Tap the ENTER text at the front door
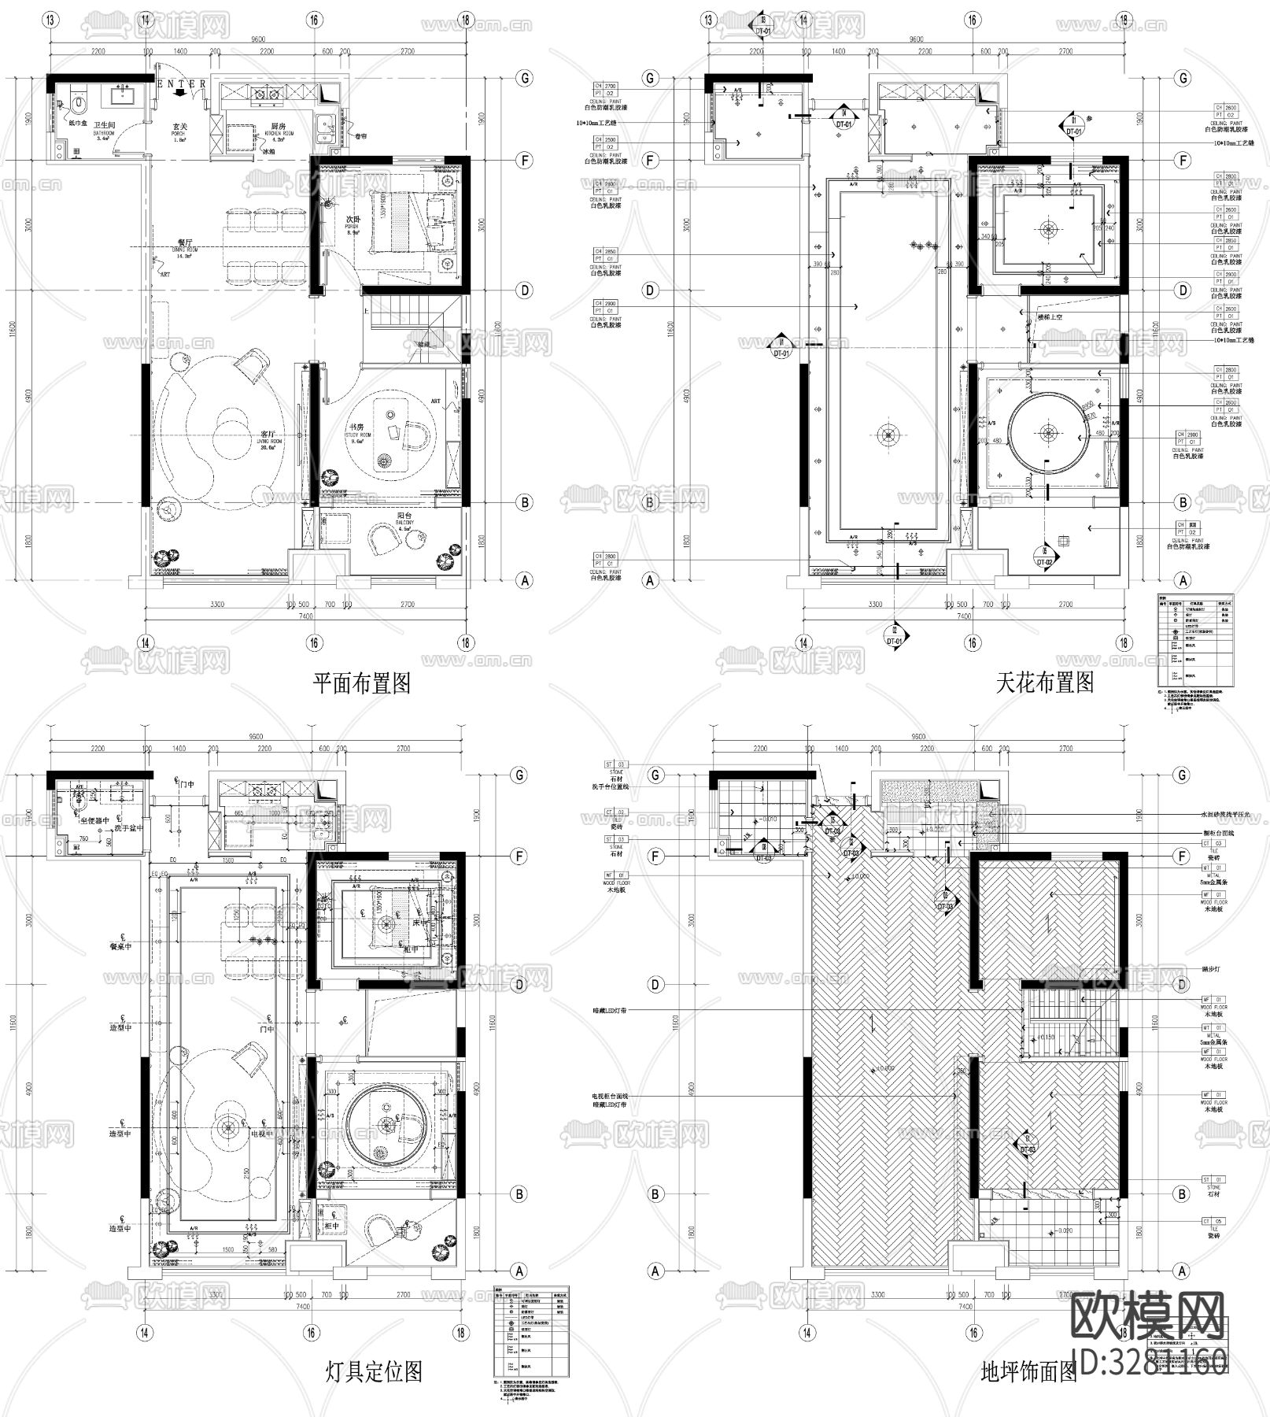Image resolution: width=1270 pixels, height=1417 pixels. coord(183,83)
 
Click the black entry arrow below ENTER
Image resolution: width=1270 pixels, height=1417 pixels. coord(179,93)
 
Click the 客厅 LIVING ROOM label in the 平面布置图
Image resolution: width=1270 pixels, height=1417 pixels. coord(268,438)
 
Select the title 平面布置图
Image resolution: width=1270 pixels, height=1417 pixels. coord(361,682)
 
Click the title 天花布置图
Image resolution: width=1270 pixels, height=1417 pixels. coord(1044,682)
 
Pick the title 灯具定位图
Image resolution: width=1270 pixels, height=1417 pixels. coord(374,1372)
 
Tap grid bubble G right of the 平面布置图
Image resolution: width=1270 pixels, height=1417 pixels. coord(524,78)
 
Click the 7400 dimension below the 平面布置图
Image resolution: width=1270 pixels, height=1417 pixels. coord(304,618)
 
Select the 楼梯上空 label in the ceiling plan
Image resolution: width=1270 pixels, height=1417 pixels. coord(1050,316)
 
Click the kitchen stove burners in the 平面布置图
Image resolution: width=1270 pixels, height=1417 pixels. coord(265,96)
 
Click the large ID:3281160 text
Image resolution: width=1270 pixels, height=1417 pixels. coord(1149,1360)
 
